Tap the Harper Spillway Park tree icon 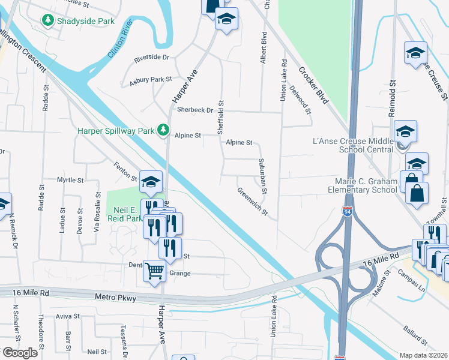point(162,130)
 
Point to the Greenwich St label point(252,201)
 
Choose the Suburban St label point(263,176)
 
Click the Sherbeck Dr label point(195,110)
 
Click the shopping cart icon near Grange point(154,271)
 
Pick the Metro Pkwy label point(116,297)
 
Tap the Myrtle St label point(70,179)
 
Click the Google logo point(20,353)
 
